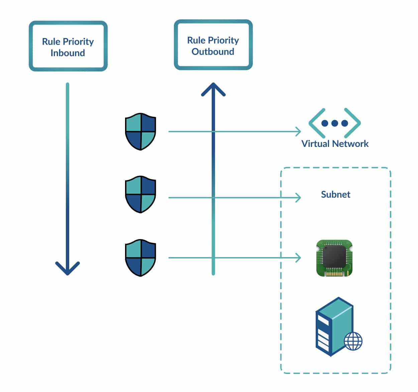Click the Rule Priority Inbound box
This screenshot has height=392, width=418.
click(68, 46)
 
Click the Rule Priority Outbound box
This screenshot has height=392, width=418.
click(213, 45)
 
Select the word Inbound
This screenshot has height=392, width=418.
click(68, 53)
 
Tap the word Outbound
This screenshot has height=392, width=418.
click(213, 51)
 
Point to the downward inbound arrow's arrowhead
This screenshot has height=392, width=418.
click(68, 268)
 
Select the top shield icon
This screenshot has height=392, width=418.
click(140, 132)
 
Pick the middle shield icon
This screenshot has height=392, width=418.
click(140, 194)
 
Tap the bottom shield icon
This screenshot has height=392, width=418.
click(140, 257)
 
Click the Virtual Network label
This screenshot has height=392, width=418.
click(335, 144)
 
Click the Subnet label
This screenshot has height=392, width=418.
click(335, 194)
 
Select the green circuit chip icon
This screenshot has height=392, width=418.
click(334, 258)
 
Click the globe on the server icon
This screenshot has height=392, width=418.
click(353, 341)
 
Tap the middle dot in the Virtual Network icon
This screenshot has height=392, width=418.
click(334, 123)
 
